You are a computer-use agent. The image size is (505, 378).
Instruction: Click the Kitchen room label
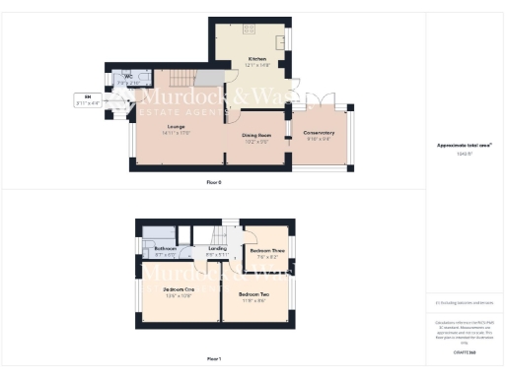(x=257, y=59)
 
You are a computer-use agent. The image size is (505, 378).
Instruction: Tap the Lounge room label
(x=178, y=126)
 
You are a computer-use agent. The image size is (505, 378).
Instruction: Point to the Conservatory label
(x=319, y=133)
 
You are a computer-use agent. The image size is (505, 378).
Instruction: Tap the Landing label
(x=218, y=249)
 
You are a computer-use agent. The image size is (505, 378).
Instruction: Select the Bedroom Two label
(x=254, y=294)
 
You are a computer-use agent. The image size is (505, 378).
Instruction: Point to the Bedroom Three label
(x=266, y=251)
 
